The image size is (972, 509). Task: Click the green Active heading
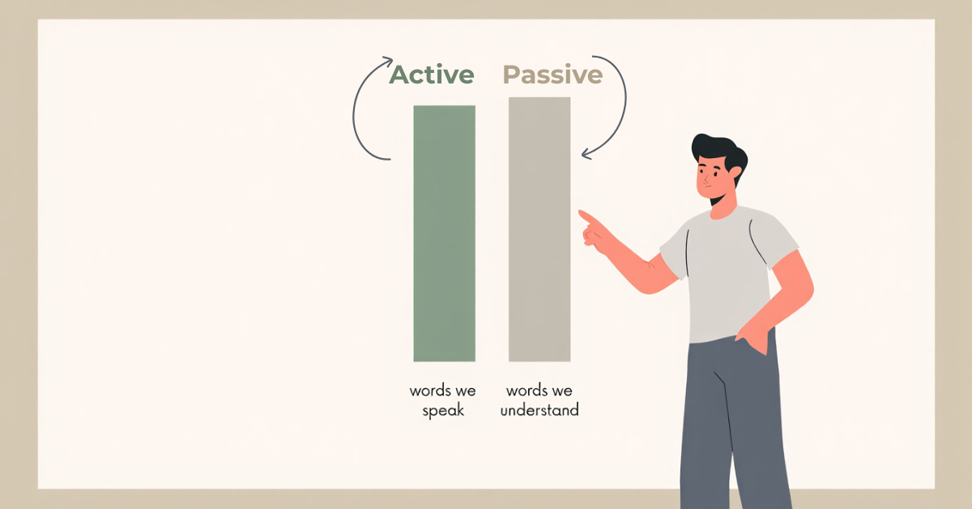pos(432,75)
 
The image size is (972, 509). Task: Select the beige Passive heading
pos(552,75)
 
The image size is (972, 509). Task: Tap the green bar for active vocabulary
pos(444,233)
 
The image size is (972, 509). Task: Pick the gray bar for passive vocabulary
pos(539,229)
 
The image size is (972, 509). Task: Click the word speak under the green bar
pos(443,410)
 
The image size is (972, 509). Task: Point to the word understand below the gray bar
pos(539,410)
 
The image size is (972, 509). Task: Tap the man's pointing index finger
pos(586,216)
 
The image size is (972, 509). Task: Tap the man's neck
pos(723,207)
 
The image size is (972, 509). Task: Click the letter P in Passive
pos(512,75)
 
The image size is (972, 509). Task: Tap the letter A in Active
pos(399,75)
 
